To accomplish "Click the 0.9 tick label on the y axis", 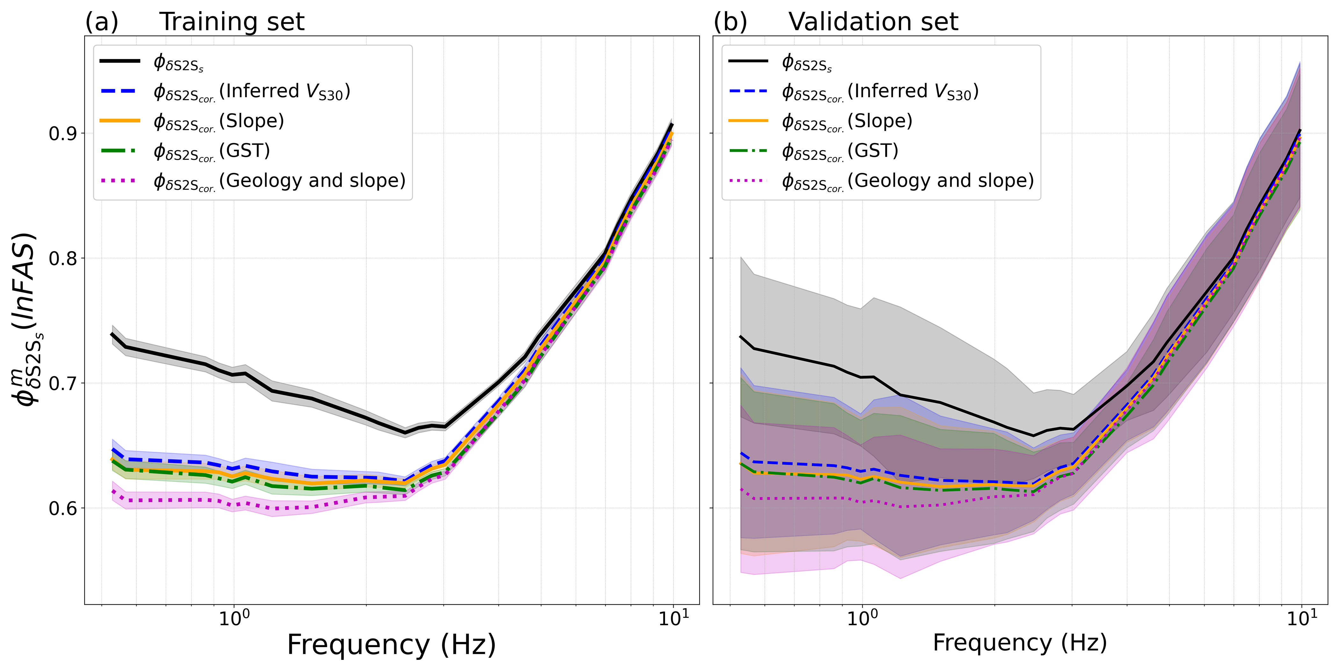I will (x=62, y=134).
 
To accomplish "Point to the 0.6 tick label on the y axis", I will (x=62, y=508).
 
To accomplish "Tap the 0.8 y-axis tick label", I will (x=62, y=259).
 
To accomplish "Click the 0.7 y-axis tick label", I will (x=62, y=383).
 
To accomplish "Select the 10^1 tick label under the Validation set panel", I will (x=1302, y=619).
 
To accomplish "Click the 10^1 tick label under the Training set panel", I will (x=674, y=619).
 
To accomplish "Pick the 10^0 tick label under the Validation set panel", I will (x=862, y=619).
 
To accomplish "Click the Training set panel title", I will (x=231, y=22).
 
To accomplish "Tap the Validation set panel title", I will (x=873, y=22).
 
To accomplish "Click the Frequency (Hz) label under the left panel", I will (x=391, y=645).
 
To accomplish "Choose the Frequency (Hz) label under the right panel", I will (x=1019, y=643).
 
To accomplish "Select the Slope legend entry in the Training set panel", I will (x=219, y=121).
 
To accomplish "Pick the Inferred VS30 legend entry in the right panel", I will (x=880, y=91).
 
